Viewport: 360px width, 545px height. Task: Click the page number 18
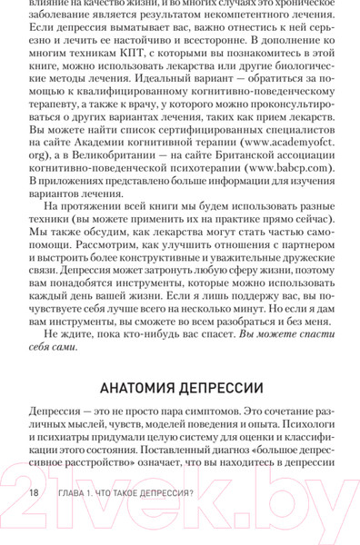34,491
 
